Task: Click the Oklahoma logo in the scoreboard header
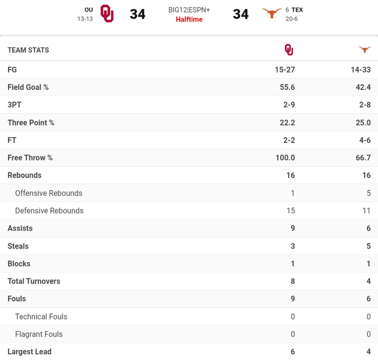[107, 13]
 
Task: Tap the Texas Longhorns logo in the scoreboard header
[272, 13]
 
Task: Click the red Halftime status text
[189, 19]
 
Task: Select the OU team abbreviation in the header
[88, 10]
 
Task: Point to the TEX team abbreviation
[297, 10]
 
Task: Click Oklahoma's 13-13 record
[85, 19]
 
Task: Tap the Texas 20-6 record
[292, 19]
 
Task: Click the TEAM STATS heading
[28, 50]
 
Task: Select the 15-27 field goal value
[284, 70]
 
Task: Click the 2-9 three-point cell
[287, 105]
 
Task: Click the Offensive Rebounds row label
[48, 193]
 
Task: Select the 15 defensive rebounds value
[290, 211]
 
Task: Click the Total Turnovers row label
[34, 281]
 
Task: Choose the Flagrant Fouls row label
[39, 334]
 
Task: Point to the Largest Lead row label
[29, 352]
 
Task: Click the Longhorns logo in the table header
[365, 49]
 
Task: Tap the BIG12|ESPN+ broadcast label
[189, 10]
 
